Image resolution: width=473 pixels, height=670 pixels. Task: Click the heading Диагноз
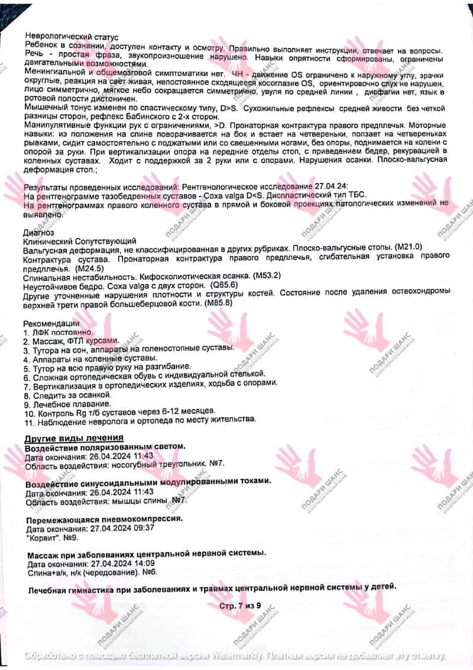[x=38, y=233]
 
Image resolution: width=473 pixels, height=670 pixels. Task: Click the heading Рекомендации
[x=51, y=324]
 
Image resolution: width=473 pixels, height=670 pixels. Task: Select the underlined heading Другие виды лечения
[x=73, y=437]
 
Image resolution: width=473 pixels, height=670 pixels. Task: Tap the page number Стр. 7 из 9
[x=236, y=606]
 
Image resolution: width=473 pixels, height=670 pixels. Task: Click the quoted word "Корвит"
[x=43, y=538]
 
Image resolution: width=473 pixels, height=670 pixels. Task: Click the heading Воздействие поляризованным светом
[x=105, y=446]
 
